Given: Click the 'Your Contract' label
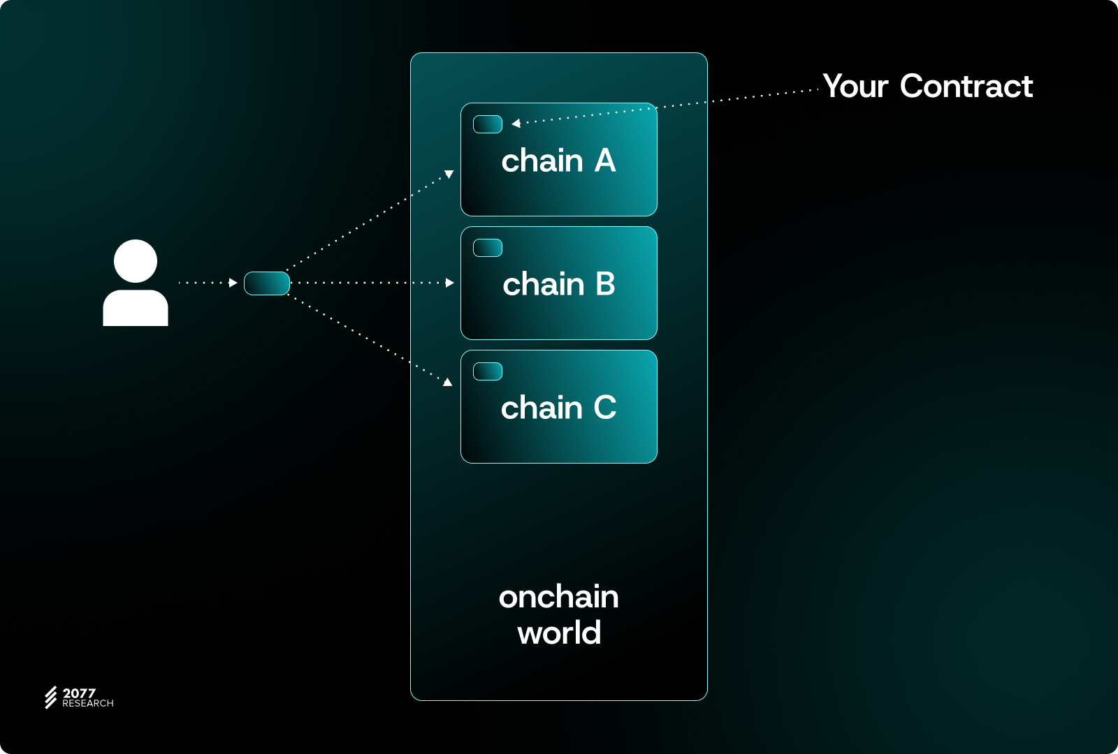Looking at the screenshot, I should pyautogui.click(x=927, y=87).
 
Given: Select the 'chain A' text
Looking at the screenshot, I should pyautogui.click(x=558, y=161).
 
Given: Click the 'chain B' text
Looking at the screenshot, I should pyautogui.click(x=558, y=284).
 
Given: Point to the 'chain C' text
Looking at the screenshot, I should pyautogui.click(x=558, y=408).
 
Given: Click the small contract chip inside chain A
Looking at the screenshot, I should pyautogui.click(x=488, y=124).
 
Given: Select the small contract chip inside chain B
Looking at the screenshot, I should pyautogui.click(x=488, y=248).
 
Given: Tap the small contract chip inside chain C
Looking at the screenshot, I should pyautogui.click(x=488, y=371).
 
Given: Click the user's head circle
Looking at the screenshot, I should pyautogui.click(x=136, y=261).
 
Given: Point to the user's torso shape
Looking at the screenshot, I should pyautogui.click(x=136, y=308).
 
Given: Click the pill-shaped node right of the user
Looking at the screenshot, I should pyautogui.click(x=267, y=283).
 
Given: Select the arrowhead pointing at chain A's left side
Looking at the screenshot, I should pyautogui.click(x=449, y=173).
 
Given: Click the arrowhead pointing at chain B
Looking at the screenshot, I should pyautogui.click(x=450, y=283).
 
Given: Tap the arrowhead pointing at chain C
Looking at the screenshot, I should pyautogui.click(x=448, y=382).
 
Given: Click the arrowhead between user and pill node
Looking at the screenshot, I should pyautogui.click(x=233, y=283).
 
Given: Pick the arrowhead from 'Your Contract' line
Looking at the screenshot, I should pyautogui.click(x=516, y=124).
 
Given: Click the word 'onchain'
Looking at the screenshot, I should pyautogui.click(x=558, y=598).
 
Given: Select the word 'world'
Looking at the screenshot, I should pyautogui.click(x=558, y=633).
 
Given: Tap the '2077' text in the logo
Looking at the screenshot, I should pyautogui.click(x=79, y=693).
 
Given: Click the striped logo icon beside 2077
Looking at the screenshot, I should pyautogui.click(x=51, y=697).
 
